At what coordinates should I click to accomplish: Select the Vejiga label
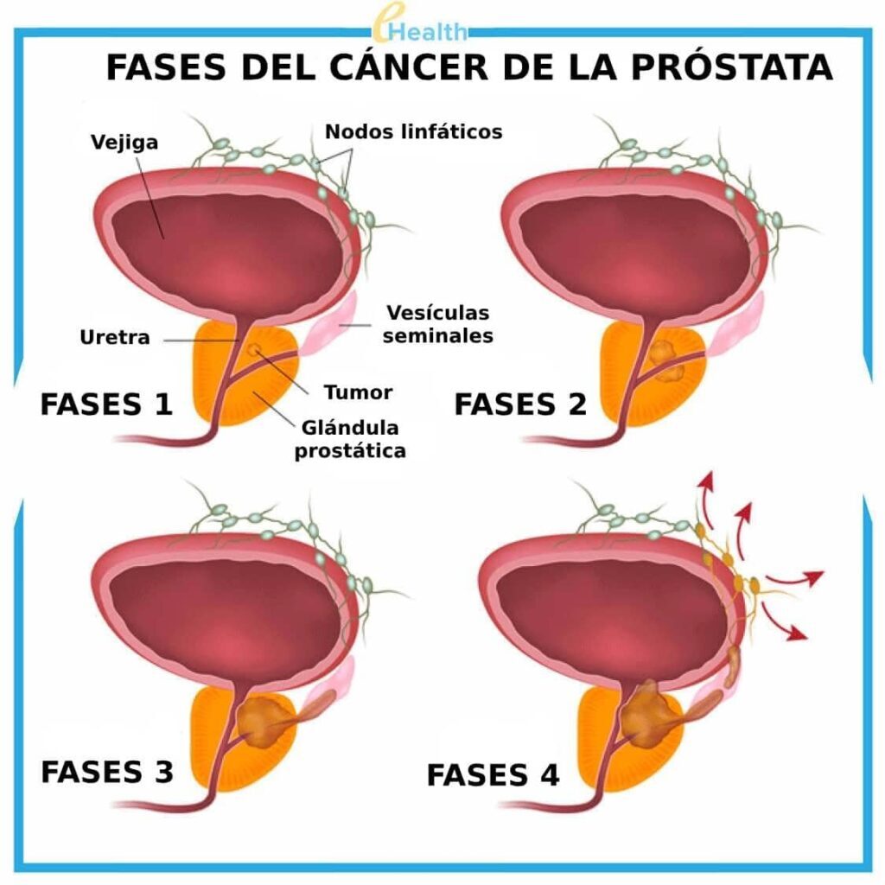point(125,142)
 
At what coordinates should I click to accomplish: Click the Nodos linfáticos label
point(413,132)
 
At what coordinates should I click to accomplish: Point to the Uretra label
point(114,337)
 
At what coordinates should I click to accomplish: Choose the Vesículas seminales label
point(437,323)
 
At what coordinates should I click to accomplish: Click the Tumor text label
point(358,392)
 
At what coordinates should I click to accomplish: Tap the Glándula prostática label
point(350,439)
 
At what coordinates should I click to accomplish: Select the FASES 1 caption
point(106,404)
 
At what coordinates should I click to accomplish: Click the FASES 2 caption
point(520,404)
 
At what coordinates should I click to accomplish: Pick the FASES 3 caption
point(106,771)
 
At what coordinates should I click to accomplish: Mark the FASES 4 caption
point(493,775)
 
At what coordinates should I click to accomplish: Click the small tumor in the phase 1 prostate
point(255,350)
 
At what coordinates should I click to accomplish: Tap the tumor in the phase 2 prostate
point(664,360)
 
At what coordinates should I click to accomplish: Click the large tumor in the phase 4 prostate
point(646,714)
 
